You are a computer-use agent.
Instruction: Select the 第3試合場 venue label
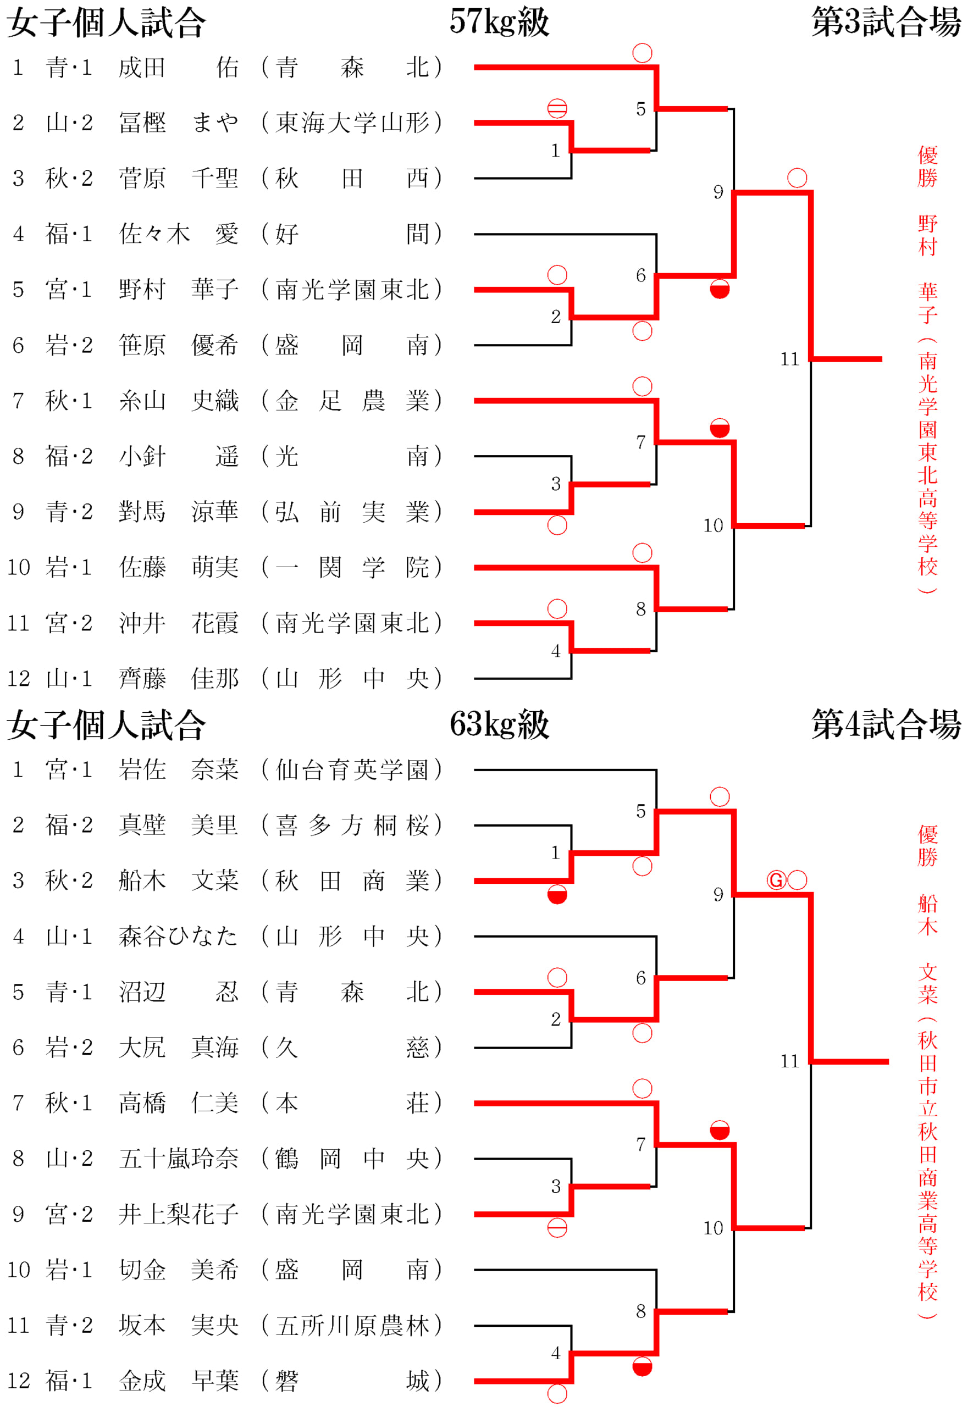[885, 22]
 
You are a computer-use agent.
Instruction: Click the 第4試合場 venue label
[885, 724]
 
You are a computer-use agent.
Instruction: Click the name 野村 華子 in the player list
[179, 290]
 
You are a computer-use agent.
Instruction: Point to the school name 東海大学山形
[352, 123]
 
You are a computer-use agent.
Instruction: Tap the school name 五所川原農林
[352, 1325]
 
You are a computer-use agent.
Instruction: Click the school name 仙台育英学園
[352, 769]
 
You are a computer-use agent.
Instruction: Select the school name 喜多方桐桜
[352, 825]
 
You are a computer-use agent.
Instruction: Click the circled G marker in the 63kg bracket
[776, 880]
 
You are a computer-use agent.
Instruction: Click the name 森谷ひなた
[179, 937]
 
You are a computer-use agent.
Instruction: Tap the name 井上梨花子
[179, 1214]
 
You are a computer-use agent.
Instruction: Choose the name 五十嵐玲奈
[179, 1158]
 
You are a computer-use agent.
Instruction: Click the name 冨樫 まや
[179, 123]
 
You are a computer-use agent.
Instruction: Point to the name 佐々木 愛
[179, 234]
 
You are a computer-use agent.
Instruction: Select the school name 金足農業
[352, 401]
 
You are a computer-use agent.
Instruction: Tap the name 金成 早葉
[179, 1381]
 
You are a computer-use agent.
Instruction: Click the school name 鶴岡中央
[352, 1158]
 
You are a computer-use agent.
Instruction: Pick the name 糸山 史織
[179, 401]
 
